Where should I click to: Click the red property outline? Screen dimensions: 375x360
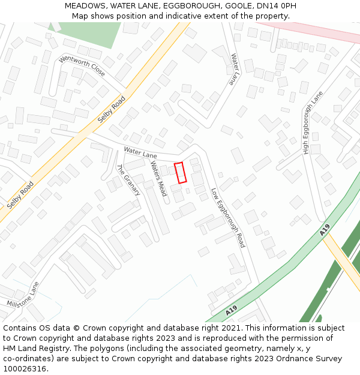pos(180,173)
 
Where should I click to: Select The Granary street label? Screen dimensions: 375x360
pos(128,180)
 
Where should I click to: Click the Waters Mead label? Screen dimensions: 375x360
pos(158,179)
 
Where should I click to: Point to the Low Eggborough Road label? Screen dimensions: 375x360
pos(228,218)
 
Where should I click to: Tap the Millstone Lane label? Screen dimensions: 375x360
pos(23,295)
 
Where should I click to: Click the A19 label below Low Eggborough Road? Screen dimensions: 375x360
pos(231,312)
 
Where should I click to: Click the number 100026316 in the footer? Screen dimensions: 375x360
pos(24,368)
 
